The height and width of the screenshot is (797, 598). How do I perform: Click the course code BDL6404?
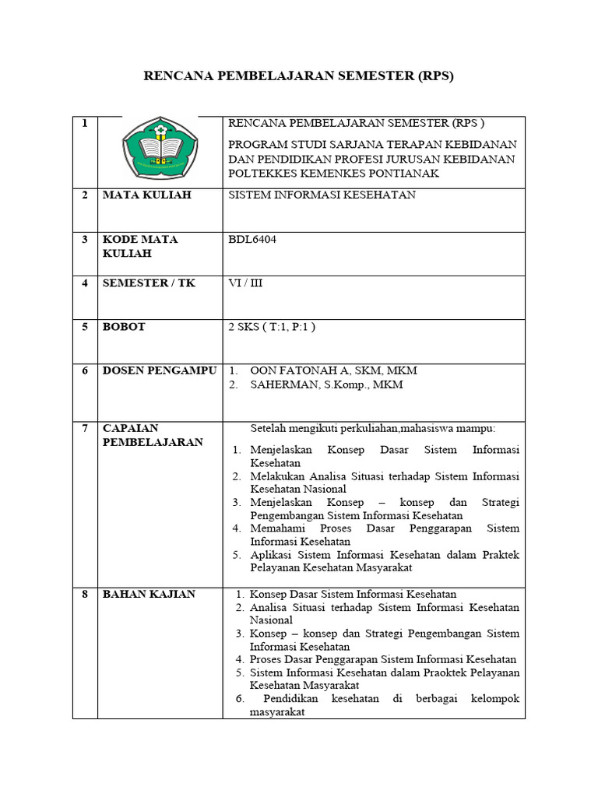click(x=252, y=240)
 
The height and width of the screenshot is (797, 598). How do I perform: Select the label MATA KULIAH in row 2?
click(x=146, y=195)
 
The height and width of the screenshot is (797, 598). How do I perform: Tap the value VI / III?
click(x=244, y=283)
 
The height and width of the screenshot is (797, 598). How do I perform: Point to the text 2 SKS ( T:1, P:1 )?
click(x=271, y=328)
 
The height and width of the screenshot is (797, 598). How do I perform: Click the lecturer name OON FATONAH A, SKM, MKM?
click(x=328, y=371)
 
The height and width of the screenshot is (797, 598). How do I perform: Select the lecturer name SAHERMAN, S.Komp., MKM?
click(x=326, y=385)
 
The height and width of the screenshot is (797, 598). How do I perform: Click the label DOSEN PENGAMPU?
click(x=160, y=371)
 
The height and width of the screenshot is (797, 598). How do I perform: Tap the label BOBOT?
click(x=124, y=328)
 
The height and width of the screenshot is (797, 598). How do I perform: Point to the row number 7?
click(x=85, y=428)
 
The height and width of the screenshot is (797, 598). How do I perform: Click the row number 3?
click(x=85, y=240)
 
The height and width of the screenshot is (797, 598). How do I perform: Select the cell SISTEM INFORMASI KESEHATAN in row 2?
click(x=322, y=195)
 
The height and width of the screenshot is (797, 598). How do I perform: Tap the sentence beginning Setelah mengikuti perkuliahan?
click(x=372, y=429)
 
